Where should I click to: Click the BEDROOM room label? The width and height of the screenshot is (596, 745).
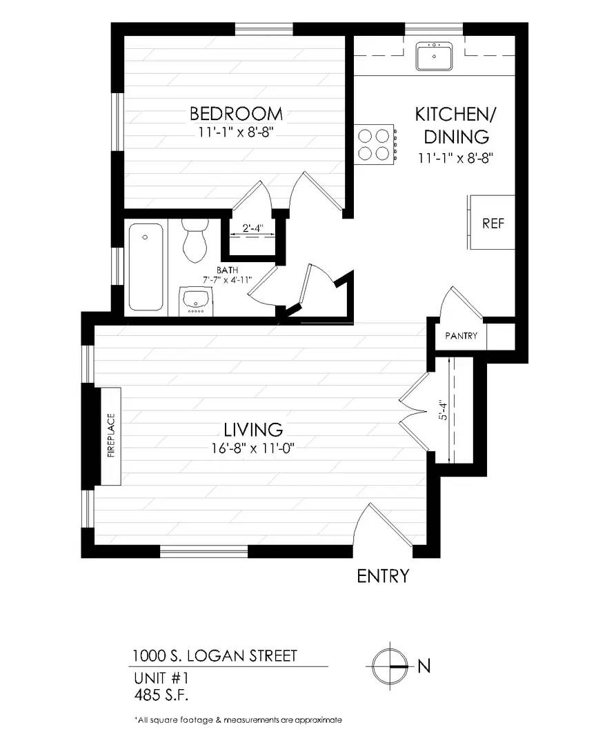click(x=236, y=114)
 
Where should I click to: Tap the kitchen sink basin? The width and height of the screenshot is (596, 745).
click(x=435, y=57)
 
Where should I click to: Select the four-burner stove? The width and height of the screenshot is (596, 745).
click(x=375, y=144)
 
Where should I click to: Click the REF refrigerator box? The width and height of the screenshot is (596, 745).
click(x=492, y=222)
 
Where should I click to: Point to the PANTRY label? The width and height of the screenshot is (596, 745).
click(x=461, y=336)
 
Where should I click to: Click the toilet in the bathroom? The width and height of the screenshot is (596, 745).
click(x=195, y=240)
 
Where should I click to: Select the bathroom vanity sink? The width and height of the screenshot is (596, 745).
click(x=197, y=301)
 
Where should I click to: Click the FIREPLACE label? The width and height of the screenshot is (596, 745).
click(x=112, y=436)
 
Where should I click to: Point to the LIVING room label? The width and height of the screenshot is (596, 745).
click(x=253, y=430)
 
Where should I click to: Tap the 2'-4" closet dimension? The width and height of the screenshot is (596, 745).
click(x=252, y=228)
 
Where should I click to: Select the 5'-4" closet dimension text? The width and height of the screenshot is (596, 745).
click(x=443, y=410)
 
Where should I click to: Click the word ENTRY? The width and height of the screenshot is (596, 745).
click(x=383, y=576)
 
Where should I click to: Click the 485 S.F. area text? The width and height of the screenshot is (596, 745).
click(x=161, y=695)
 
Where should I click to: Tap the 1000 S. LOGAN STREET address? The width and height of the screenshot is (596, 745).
click(x=215, y=656)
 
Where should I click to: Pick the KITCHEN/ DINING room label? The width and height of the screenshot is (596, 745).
click(x=456, y=126)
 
